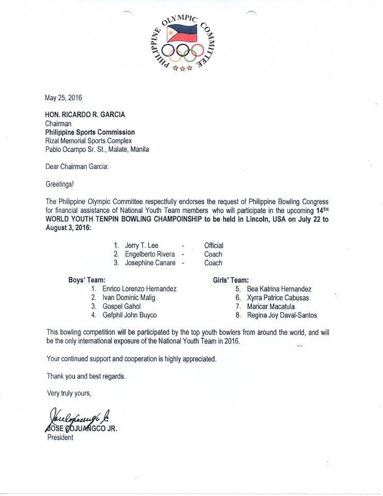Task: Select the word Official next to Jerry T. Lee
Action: click(214, 245)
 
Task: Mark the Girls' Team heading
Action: click(231, 280)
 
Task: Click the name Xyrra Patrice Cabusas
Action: click(278, 298)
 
